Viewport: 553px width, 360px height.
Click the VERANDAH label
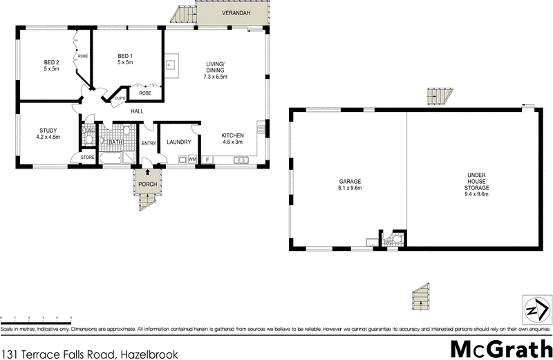[231, 14]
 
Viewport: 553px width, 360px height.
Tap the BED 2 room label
[52, 66]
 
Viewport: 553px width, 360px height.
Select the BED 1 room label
[124, 59]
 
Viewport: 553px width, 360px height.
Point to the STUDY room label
[48, 133]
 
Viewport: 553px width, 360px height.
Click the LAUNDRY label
[178, 142]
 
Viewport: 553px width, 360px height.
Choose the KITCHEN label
[232, 138]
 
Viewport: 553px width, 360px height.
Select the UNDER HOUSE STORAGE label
[476, 184]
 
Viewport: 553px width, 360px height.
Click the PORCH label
[147, 184]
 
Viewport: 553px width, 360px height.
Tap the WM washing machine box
[192, 160]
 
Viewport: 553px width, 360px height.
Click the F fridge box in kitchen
[207, 160]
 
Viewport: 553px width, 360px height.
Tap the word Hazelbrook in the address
[147, 354]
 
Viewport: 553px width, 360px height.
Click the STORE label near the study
[86, 158]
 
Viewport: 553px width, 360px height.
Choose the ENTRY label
[149, 144]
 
